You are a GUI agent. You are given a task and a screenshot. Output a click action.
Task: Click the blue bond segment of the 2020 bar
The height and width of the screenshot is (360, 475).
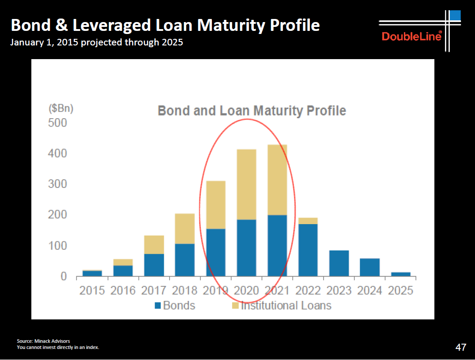[x=247, y=247]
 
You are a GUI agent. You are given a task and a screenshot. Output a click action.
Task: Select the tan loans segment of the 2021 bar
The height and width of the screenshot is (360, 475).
[x=278, y=180]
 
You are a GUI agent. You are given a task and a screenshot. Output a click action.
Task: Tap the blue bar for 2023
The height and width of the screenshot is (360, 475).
[x=339, y=263]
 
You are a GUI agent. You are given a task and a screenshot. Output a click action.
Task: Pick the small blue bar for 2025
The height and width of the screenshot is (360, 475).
[x=401, y=274]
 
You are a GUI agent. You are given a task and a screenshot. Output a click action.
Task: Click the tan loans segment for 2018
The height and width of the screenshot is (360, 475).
[x=185, y=229]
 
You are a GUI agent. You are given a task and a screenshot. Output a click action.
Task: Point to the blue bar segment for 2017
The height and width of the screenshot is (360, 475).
[x=154, y=265]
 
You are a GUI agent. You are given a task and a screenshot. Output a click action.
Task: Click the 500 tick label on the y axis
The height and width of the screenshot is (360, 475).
[x=57, y=123]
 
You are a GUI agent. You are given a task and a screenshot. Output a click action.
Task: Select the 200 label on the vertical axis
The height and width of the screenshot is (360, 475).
[x=57, y=215]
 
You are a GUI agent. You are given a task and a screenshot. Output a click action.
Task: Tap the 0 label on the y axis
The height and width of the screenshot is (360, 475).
[x=64, y=276]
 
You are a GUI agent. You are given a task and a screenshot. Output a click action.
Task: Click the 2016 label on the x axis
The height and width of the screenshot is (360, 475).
[x=123, y=291]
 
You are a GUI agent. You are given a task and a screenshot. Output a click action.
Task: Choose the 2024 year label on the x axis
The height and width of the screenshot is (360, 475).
[x=370, y=291]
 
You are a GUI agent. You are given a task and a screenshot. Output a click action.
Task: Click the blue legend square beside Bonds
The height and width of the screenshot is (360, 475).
[x=158, y=305]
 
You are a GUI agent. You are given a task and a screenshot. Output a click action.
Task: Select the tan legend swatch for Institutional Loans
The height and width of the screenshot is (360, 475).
[x=235, y=305]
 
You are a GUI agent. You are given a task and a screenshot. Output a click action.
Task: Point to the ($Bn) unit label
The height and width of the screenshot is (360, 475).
[x=61, y=109]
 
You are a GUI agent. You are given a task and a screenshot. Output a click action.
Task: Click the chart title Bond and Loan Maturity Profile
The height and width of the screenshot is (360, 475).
[x=252, y=111]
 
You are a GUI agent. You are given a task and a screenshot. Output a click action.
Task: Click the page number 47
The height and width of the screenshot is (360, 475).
[x=461, y=347]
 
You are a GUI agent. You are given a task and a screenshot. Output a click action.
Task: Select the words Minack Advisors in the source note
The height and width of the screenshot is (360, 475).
[x=52, y=341]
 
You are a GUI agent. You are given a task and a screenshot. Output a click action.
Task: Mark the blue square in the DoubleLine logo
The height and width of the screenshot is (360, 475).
[x=455, y=15]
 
